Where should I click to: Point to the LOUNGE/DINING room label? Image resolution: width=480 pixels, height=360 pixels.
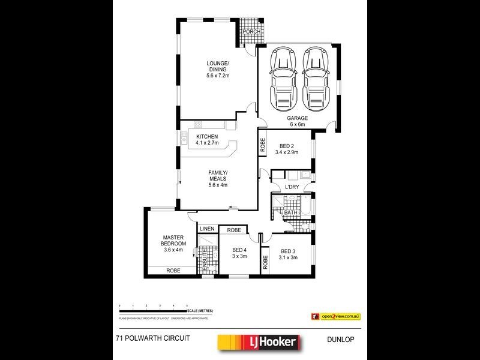[x=218, y=69]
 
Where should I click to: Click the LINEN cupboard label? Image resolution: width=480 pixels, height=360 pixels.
[x=207, y=229]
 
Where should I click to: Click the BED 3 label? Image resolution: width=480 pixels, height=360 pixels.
[x=287, y=254]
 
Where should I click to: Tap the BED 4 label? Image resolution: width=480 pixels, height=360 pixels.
[x=239, y=254]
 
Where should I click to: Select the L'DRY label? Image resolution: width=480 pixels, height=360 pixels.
[x=292, y=188]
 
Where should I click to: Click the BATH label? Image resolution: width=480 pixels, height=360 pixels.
[x=291, y=212]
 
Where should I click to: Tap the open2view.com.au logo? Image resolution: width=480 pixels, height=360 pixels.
[x=335, y=316]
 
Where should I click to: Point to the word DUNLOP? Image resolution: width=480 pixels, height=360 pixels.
[x=341, y=339]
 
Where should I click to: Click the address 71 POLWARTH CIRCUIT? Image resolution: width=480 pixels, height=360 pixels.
[x=152, y=338]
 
